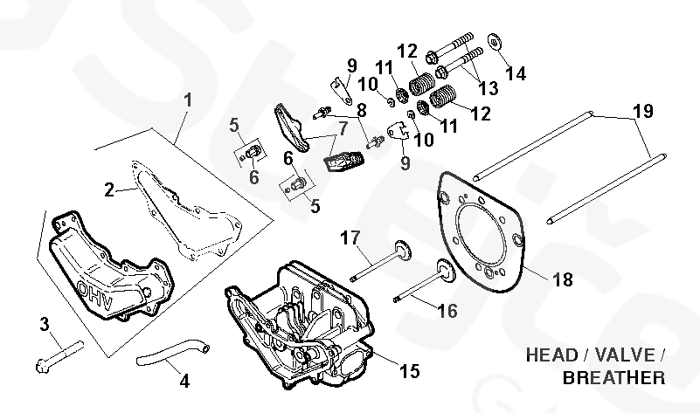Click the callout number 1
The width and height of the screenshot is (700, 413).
pos(188,100)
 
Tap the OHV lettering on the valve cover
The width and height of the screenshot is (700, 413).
pos(95,295)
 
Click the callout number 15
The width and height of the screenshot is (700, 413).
pos(409,370)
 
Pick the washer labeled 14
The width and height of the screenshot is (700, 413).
pos(495,42)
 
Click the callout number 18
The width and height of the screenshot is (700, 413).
pos(563,279)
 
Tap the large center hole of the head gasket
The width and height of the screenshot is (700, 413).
pos(482,235)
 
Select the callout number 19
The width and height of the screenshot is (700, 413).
pos(643,111)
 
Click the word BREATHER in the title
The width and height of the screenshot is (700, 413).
pos(613,378)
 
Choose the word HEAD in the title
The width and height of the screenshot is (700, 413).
pos(551,355)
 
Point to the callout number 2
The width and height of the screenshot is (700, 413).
pos(109,190)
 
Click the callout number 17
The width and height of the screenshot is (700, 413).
pos(350,237)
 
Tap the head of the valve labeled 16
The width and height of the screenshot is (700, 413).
pos(446,271)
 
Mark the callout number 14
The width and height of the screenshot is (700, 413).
pos(516,73)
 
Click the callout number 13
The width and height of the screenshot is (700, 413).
pos(488,88)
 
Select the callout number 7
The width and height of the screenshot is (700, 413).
pos(343,128)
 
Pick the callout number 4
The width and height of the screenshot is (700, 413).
pos(184,382)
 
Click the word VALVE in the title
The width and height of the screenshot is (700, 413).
pos(625,355)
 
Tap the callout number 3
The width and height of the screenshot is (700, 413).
pos(45,324)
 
